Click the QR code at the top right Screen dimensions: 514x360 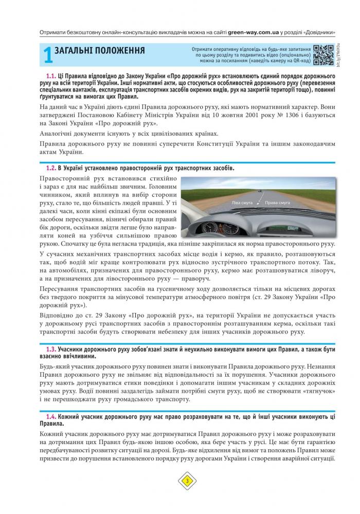(x=323, y=56)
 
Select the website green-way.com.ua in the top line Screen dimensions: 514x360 (x=254, y=32)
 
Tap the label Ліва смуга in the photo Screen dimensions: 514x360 (x=242, y=203)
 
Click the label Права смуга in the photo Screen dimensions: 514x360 (x=277, y=203)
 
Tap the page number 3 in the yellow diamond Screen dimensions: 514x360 (x=187, y=481)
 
